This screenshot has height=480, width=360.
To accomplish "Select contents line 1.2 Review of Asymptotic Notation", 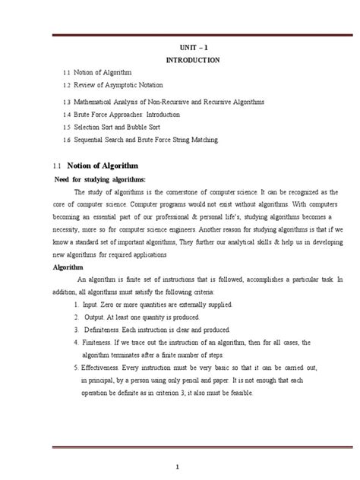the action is pyautogui.click(x=125, y=84).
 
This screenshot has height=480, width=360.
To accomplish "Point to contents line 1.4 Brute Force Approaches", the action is pyautogui.click(x=132, y=114).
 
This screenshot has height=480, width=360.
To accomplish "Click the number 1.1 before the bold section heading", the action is pyautogui.click(x=55, y=165).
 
